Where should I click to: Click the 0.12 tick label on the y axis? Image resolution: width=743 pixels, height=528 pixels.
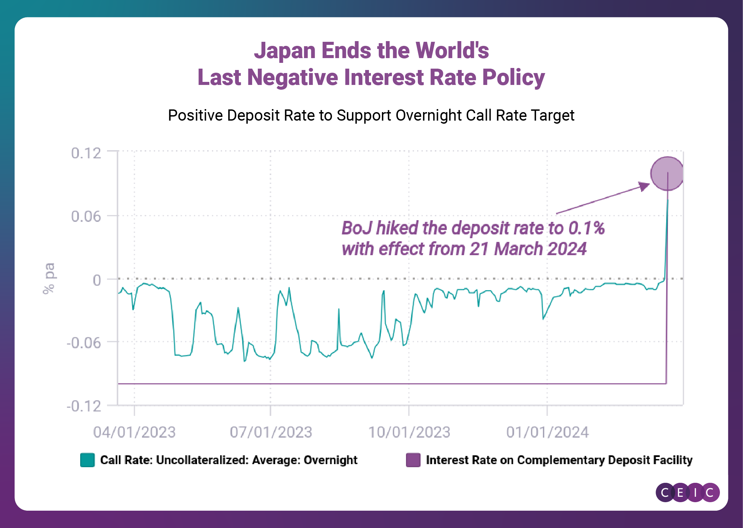coord(86,153)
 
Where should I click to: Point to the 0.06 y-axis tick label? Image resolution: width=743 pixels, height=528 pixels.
coord(86,216)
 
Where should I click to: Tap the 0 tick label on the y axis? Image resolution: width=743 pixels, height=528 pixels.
coord(97,280)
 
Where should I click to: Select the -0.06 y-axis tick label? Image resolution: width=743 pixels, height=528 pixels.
coord(84,343)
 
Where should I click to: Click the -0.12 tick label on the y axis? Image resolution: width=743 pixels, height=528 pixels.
coord(84,406)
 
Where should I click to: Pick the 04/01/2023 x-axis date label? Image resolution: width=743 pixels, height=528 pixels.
coord(134,432)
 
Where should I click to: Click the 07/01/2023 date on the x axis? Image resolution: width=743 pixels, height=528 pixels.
coord(271,432)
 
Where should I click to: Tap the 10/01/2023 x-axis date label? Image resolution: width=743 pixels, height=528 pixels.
coord(409,432)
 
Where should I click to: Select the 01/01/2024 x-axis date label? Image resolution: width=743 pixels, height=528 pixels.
coord(547,432)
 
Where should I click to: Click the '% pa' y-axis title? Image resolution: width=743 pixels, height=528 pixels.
coord(49,278)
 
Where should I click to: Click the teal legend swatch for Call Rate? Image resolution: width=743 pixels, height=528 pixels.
coord(87,460)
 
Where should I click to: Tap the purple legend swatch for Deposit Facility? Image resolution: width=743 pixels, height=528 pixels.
coord(413,460)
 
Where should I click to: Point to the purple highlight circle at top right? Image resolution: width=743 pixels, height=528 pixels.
coord(667,173)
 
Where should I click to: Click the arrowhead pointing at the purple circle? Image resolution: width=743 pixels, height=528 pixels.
coord(644,186)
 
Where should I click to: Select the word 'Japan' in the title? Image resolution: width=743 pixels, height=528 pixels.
coord(285,51)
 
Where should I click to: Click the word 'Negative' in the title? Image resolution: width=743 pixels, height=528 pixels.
coord(293,77)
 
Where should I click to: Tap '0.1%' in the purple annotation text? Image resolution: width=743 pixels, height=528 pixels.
coord(586,228)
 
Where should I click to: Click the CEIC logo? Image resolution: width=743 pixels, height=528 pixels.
coord(687,492)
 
